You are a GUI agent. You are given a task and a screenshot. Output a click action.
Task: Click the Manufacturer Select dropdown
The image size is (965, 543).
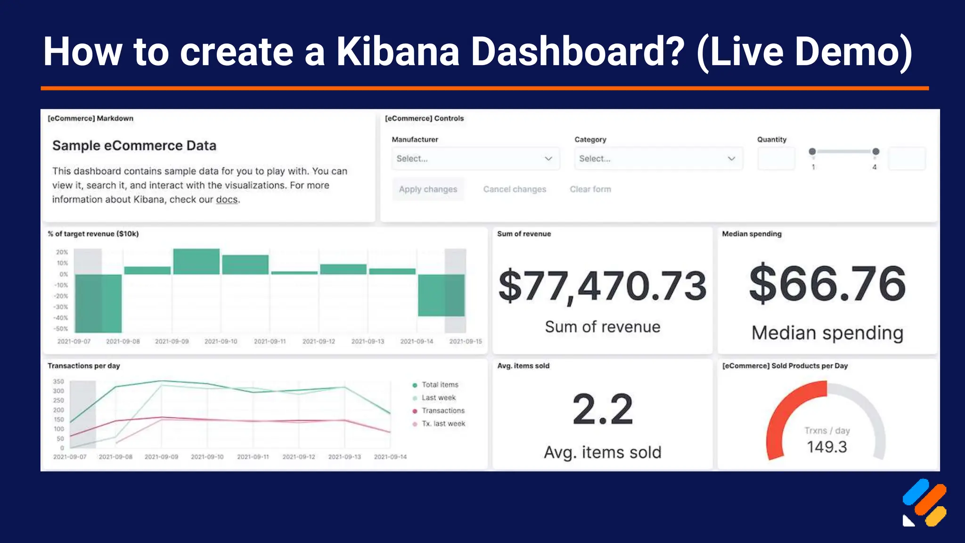tap(475, 158)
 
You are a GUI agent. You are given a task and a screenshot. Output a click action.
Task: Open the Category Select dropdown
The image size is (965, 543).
tap(658, 158)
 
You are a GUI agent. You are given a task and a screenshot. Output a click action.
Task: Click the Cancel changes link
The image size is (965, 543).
tap(515, 189)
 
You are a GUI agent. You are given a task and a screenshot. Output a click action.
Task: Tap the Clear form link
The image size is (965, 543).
tap(590, 189)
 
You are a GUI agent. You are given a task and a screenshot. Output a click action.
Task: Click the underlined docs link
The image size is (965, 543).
tap(227, 200)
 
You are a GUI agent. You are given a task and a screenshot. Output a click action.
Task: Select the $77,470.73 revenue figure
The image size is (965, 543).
tap(602, 286)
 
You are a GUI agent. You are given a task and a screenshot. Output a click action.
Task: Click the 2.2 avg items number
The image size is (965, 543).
tap(602, 409)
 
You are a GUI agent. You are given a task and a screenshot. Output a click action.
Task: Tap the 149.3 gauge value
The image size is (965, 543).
tap(826, 446)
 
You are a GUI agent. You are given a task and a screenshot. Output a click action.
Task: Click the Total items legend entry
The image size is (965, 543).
tap(439, 385)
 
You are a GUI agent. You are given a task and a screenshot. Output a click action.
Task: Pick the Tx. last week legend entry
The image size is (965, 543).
tap(443, 424)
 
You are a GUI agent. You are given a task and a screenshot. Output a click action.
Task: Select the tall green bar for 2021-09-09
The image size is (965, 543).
tap(196, 262)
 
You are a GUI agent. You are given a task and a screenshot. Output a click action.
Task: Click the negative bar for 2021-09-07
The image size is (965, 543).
tap(98, 303)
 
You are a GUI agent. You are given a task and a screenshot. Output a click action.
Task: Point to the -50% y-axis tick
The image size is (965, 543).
tap(61, 329)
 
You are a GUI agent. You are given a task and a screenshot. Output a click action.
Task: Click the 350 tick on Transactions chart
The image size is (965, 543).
tap(58, 381)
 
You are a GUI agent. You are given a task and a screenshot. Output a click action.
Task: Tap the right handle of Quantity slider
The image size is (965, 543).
tap(875, 151)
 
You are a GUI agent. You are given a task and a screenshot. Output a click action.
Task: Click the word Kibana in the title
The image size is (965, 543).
tap(397, 51)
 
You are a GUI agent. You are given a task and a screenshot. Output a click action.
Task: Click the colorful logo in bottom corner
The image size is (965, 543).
tap(924, 503)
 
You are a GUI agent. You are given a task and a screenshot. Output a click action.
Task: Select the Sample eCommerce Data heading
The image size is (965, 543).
tap(134, 146)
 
